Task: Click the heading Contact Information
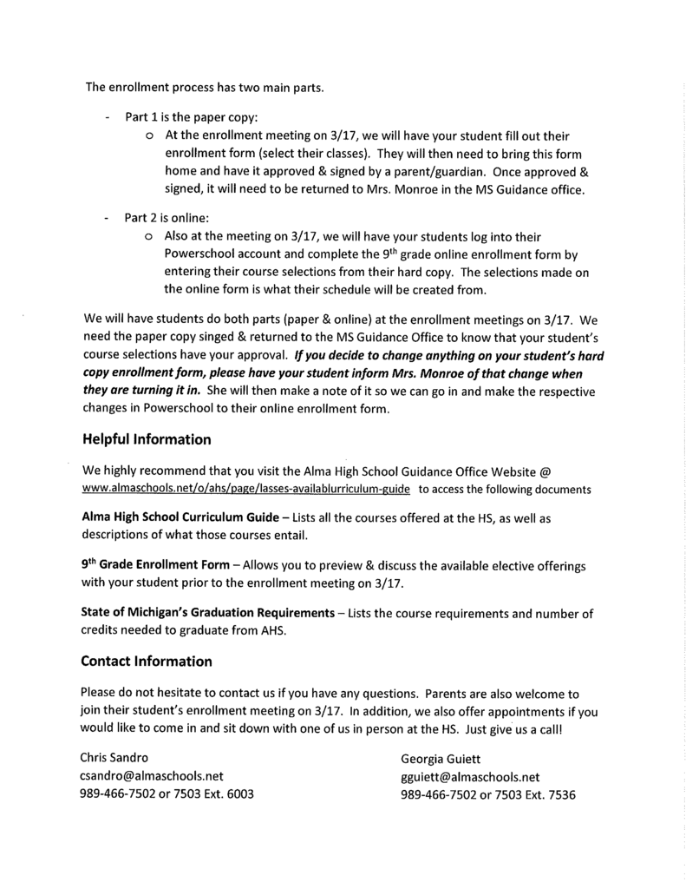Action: click(x=146, y=661)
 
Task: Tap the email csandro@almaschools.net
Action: click(x=152, y=776)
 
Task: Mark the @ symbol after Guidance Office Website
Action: click(x=546, y=471)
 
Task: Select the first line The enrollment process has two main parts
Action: click(x=204, y=86)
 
